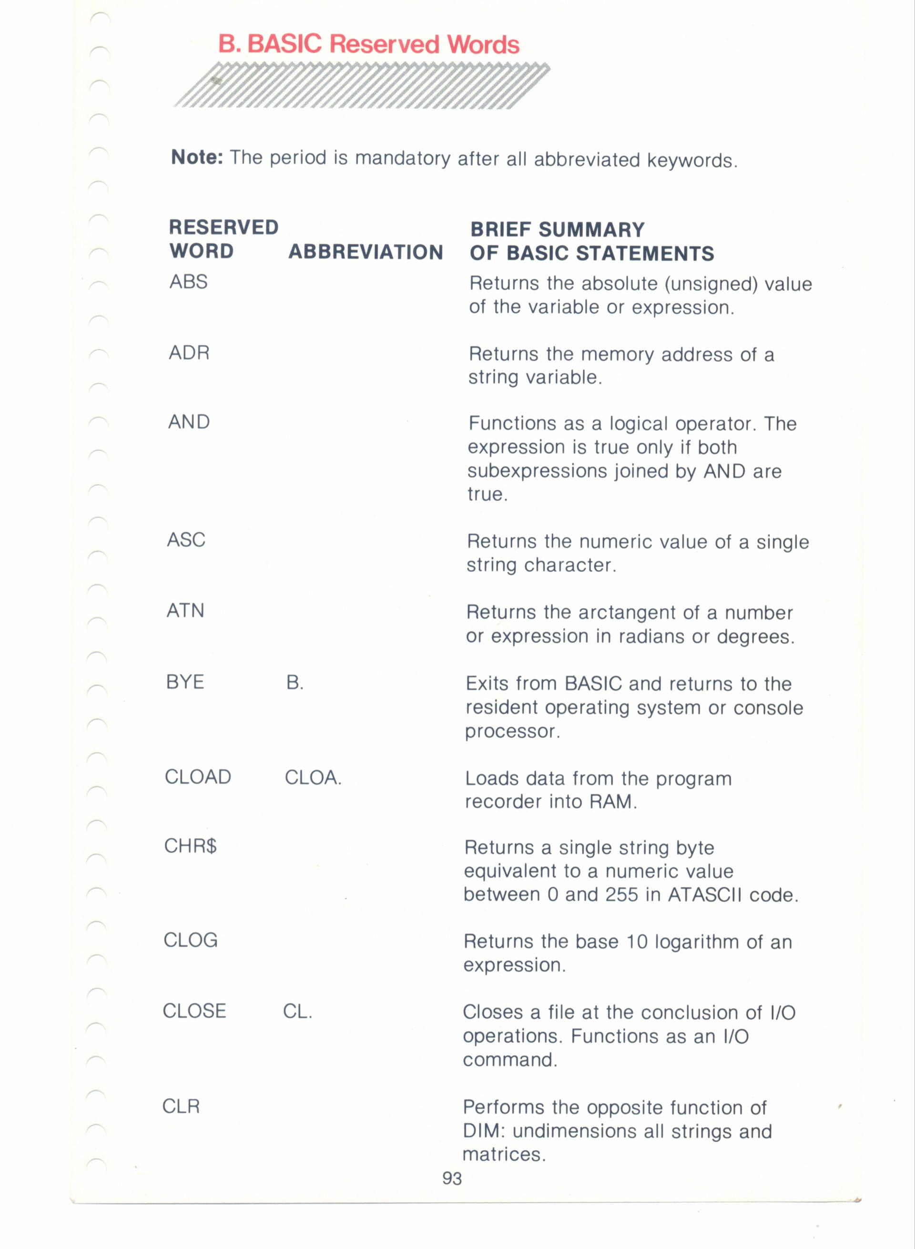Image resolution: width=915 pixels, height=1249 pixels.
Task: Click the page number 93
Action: [452, 1178]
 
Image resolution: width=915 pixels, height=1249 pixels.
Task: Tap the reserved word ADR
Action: [189, 352]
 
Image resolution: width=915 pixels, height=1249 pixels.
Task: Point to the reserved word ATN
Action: [185, 610]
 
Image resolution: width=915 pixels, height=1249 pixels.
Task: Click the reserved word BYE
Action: [185, 682]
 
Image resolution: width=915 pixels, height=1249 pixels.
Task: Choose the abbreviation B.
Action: [295, 683]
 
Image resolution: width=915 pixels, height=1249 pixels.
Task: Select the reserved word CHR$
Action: [191, 846]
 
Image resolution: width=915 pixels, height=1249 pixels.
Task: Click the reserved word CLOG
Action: [191, 940]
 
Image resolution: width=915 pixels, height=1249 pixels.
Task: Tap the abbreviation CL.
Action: [297, 1011]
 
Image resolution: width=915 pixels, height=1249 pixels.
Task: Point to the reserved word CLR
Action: [181, 1106]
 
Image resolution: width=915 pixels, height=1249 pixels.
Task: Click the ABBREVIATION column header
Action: [366, 252]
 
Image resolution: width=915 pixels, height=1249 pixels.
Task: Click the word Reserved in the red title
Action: [385, 44]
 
